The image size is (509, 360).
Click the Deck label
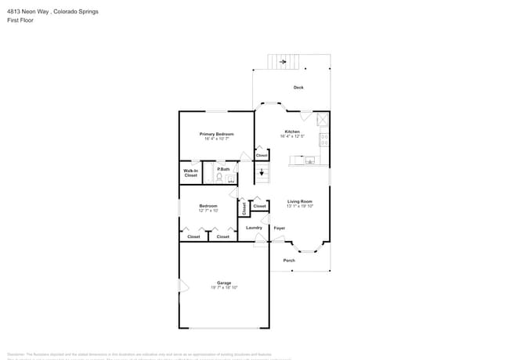pyautogui.click(x=298, y=88)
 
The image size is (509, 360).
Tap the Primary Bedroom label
pyautogui.click(x=217, y=134)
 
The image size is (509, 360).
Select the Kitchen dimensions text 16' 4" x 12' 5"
pyautogui.click(x=292, y=137)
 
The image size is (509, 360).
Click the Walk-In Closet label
pyautogui.click(x=191, y=173)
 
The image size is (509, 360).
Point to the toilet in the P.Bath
pyautogui.click(x=219, y=178)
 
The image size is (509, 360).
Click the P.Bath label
pyautogui.click(x=224, y=169)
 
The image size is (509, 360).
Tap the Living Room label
pyautogui.click(x=300, y=201)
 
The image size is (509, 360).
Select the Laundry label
pyautogui.click(x=254, y=228)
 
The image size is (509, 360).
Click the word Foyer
pyautogui.click(x=279, y=229)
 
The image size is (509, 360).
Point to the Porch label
pyautogui.click(x=289, y=261)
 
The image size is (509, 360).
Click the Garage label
pyautogui.click(x=224, y=283)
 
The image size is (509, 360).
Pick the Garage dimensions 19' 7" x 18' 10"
pyautogui.click(x=224, y=288)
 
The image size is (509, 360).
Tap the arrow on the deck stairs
pyautogui.click(x=283, y=61)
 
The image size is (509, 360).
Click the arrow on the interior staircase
pyautogui.click(x=262, y=173)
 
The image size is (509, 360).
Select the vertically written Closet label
pyautogui.click(x=244, y=208)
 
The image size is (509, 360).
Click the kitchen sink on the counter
pyautogui.click(x=310, y=161)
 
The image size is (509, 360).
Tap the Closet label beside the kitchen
pyautogui.click(x=262, y=155)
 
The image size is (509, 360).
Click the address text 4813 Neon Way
pyautogui.click(x=33, y=12)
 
